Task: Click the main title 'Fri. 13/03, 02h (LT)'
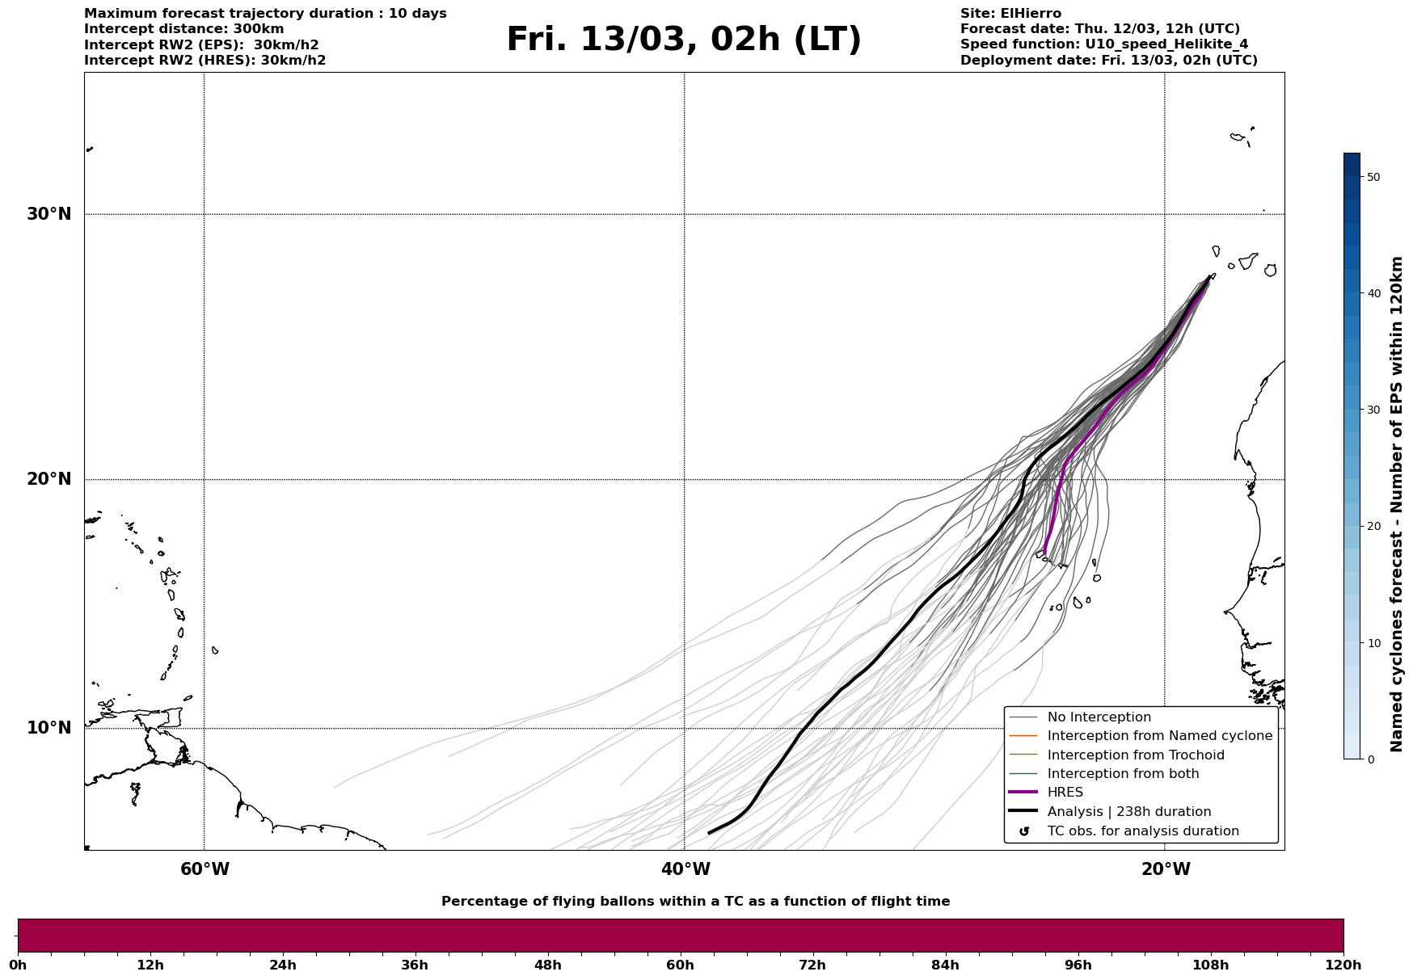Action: point(684,40)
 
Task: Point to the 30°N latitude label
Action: point(49,214)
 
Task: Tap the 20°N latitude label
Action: point(49,479)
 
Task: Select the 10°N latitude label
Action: point(49,728)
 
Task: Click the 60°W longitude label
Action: point(205,869)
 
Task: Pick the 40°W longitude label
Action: point(685,869)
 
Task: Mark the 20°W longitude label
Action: point(1166,869)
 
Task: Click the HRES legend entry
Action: point(1065,793)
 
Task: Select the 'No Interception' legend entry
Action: point(1099,717)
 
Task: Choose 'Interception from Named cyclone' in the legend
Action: point(1159,736)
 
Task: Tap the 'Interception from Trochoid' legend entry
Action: point(1135,755)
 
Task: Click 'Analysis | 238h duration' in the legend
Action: point(1128,812)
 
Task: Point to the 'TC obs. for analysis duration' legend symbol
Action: point(1024,831)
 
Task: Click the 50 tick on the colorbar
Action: point(1373,177)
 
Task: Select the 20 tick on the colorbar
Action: point(1373,527)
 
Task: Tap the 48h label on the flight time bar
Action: point(547,965)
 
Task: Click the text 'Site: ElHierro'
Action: point(1010,14)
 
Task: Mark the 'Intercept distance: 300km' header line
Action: point(184,29)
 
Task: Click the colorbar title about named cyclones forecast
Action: point(1396,504)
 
